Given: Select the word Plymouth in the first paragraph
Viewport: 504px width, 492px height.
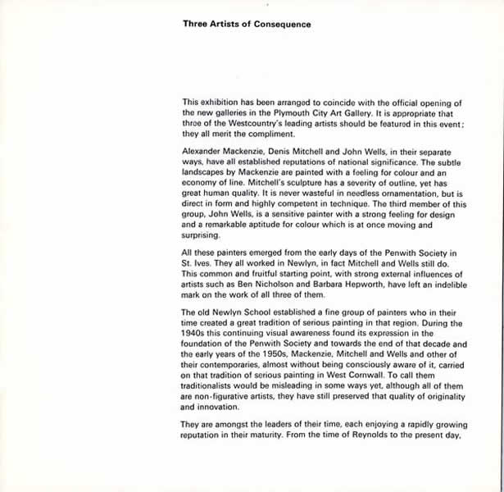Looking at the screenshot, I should (286, 112).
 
